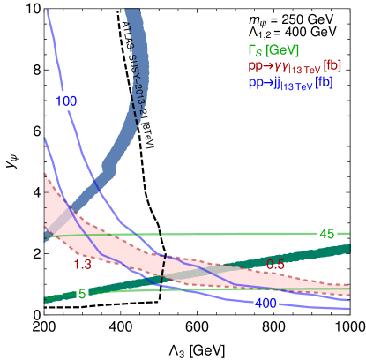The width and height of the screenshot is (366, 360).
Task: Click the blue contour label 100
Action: pos(66,101)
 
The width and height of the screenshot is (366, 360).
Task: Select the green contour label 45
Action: pos(327,234)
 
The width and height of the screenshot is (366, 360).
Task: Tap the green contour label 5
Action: pos(82,295)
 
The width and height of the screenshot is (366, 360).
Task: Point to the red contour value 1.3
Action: pos(83,264)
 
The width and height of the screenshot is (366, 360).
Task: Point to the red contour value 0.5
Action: pos(276,265)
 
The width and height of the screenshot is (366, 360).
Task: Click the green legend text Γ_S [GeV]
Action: pos(274,50)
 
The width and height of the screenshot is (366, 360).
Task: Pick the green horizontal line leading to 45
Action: pos(220,234)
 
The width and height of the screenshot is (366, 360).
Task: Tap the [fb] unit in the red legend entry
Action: pos(332,66)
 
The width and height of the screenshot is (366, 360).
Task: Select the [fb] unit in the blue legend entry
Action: pos(332,82)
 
